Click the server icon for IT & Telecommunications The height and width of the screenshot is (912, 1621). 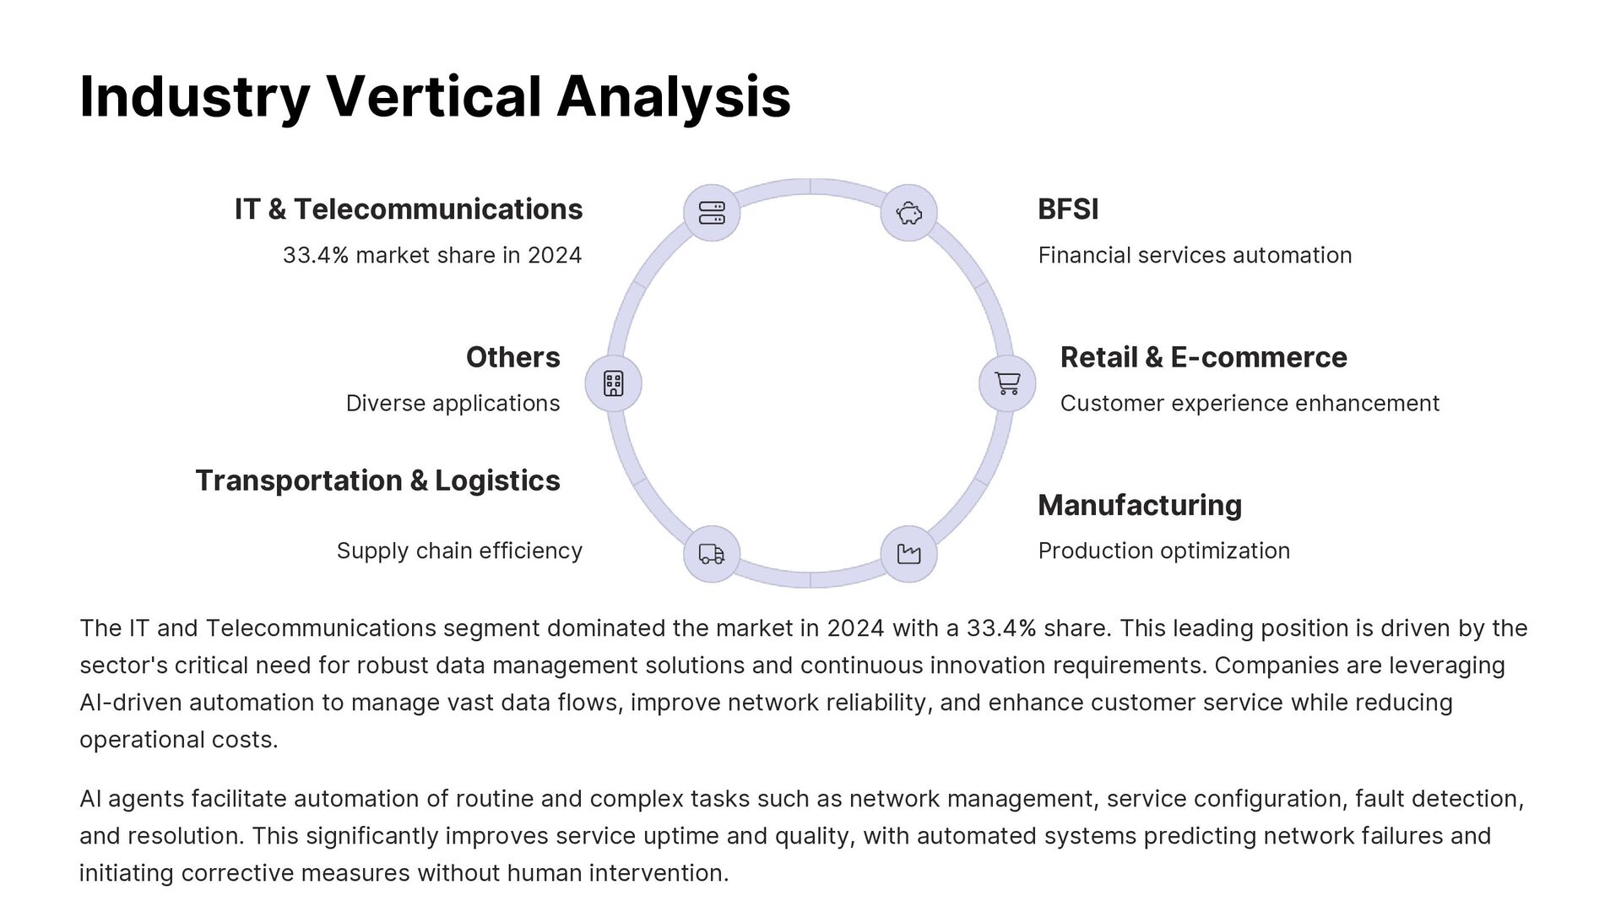pos(712,213)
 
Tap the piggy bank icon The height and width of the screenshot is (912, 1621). pos(908,213)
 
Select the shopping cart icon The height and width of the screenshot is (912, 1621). pos(1007,383)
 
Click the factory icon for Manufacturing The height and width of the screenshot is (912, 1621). pos(908,554)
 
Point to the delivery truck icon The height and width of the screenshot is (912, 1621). pos(712,554)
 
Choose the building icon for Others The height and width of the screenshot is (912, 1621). pos(614,383)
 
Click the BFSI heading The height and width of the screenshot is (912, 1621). pos(1068,209)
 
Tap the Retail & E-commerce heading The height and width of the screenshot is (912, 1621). pos(1203,357)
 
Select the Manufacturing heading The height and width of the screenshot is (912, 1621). pos(1140,505)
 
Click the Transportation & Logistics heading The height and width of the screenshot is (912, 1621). pos(377,480)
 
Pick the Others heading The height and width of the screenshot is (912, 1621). pos(512,357)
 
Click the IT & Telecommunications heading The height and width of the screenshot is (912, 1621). pos(409,209)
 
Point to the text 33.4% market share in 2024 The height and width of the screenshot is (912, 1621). pos(432,255)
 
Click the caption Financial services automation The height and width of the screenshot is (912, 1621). pos(1195,255)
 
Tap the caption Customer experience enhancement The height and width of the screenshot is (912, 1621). pos(1250,403)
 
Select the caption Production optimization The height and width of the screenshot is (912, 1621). pos(1163,551)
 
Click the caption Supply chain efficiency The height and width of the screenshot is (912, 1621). pos(459,551)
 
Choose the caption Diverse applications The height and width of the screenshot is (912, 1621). pos(453,403)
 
